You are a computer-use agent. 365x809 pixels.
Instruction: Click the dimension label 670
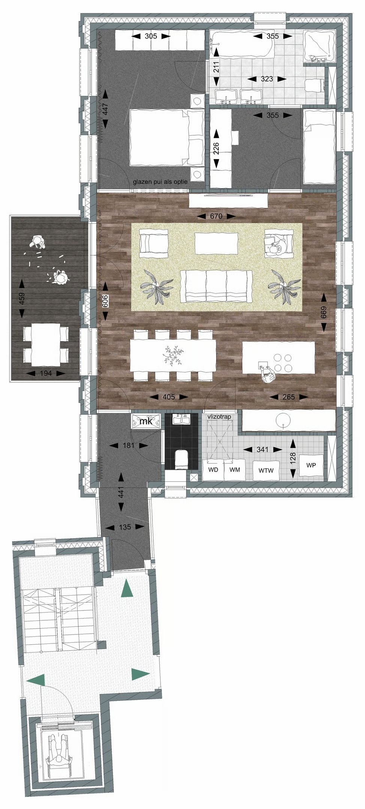(x=216, y=216)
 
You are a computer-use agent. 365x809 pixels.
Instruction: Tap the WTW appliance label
(x=266, y=471)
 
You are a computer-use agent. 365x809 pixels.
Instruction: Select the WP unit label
(x=311, y=466)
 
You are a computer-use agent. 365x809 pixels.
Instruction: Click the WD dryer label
(x=213, y=470)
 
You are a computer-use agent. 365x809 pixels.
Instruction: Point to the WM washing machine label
(x=235, y=470)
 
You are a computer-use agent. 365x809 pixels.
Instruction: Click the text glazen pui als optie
(x=160, y=182)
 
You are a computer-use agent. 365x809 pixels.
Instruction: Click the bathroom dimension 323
(x=267, y=79)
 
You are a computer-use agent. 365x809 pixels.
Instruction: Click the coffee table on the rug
(x=216, y=243)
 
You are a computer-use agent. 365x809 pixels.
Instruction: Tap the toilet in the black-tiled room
(x=182, y=459)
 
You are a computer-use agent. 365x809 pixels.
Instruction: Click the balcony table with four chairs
(x=46, y=345)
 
